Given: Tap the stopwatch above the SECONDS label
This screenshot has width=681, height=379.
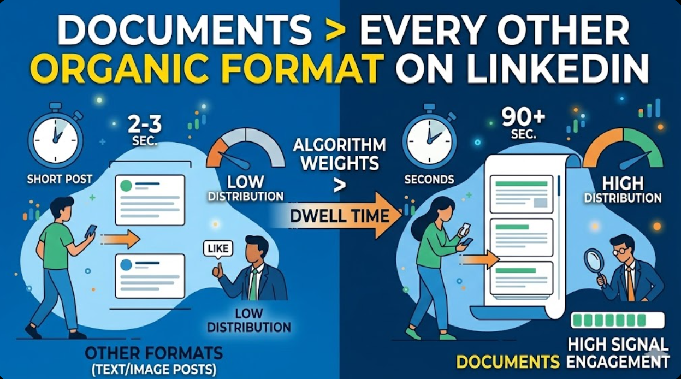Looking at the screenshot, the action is (x=429, y=137).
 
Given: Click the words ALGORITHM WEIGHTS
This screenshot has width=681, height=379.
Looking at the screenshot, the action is (x=339, y=155).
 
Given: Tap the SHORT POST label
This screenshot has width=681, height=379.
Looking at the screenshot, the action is (x=60, y=179).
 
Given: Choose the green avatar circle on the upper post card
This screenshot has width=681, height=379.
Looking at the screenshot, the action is (x=126, y=186).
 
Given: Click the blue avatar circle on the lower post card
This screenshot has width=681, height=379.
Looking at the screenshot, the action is (x=126, y=265).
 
